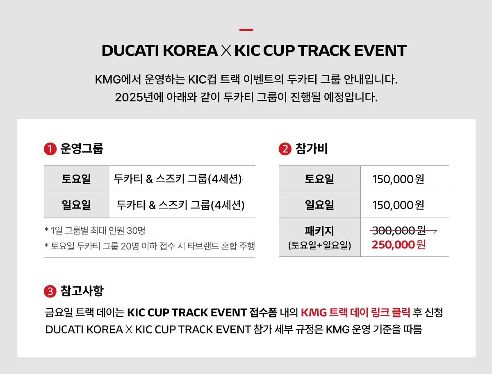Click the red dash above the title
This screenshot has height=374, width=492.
(x=246, y=29)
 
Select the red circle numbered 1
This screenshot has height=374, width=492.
(x=50, y=149)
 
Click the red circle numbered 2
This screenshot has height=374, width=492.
(x=285, y=149)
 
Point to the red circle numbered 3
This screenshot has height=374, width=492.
(x=50, y=291)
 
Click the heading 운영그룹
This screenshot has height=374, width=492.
(x=82, y=148)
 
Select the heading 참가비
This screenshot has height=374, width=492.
(x=312, y=148)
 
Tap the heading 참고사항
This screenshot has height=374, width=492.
(x=82, y=291)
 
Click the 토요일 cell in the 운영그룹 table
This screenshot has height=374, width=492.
(x=76, y=179)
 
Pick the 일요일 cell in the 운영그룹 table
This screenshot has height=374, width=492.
(x=76, y=205)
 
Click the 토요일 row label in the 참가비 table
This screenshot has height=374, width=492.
(x=319, y=179)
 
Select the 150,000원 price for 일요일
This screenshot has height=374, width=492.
(x=398, y=205)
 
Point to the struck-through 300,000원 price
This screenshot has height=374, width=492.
(x=399, y=231)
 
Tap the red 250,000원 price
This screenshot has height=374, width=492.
(x=399, y=245)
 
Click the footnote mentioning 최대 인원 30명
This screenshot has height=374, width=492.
(x=95, y=231)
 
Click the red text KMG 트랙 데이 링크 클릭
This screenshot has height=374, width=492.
(x=355, y=313)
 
